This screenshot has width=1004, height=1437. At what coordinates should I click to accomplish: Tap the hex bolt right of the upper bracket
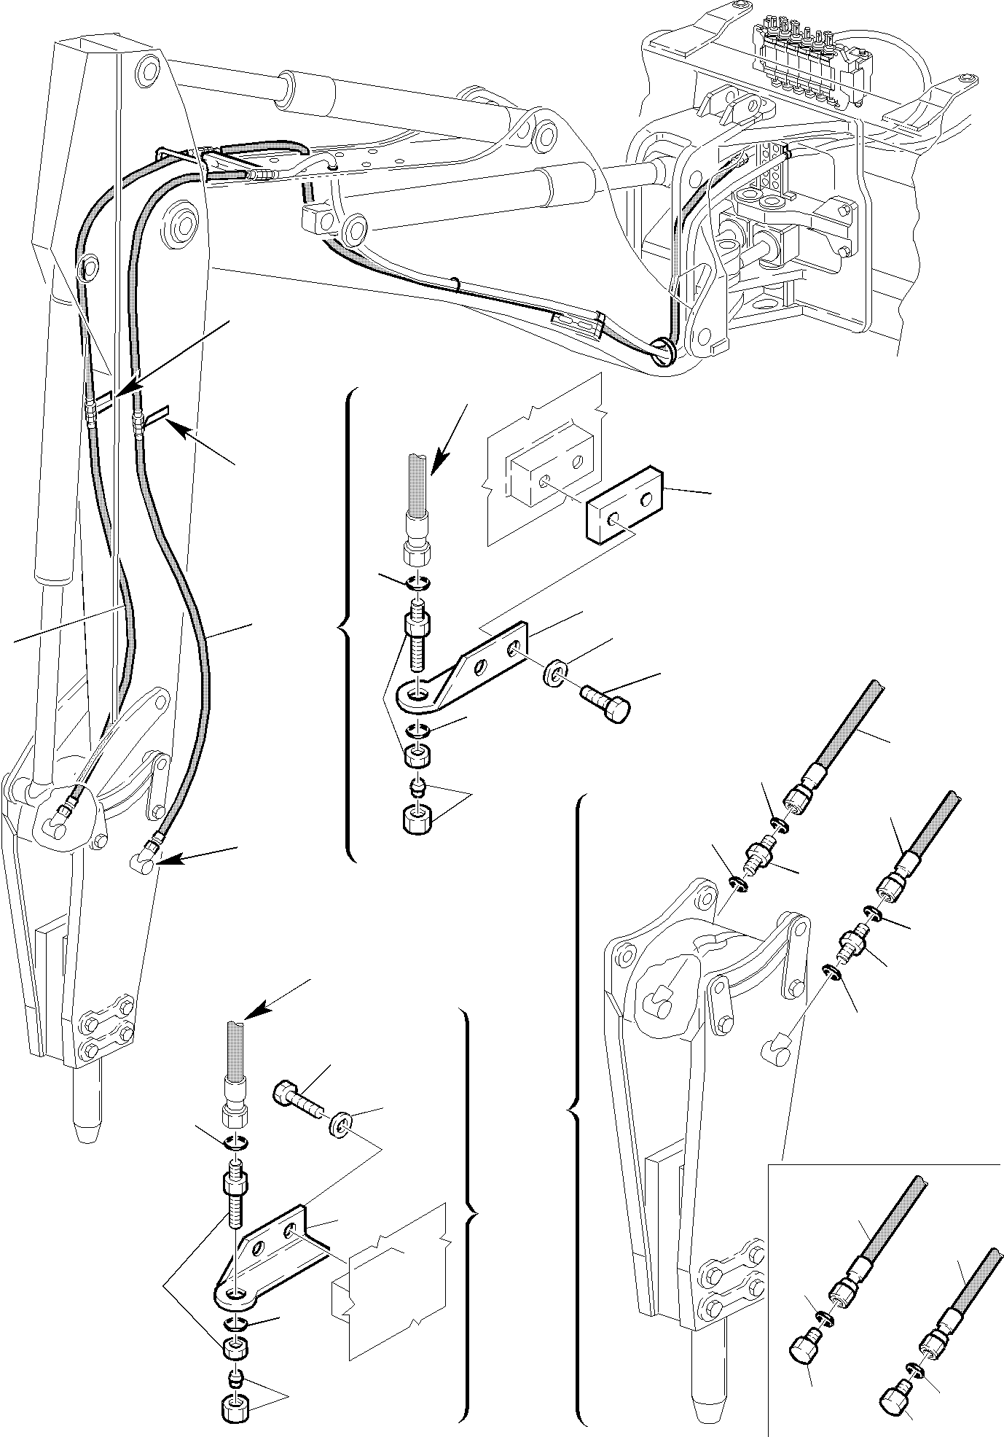pos(607,705)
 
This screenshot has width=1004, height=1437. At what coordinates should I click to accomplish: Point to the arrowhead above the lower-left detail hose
pos(253,1016)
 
